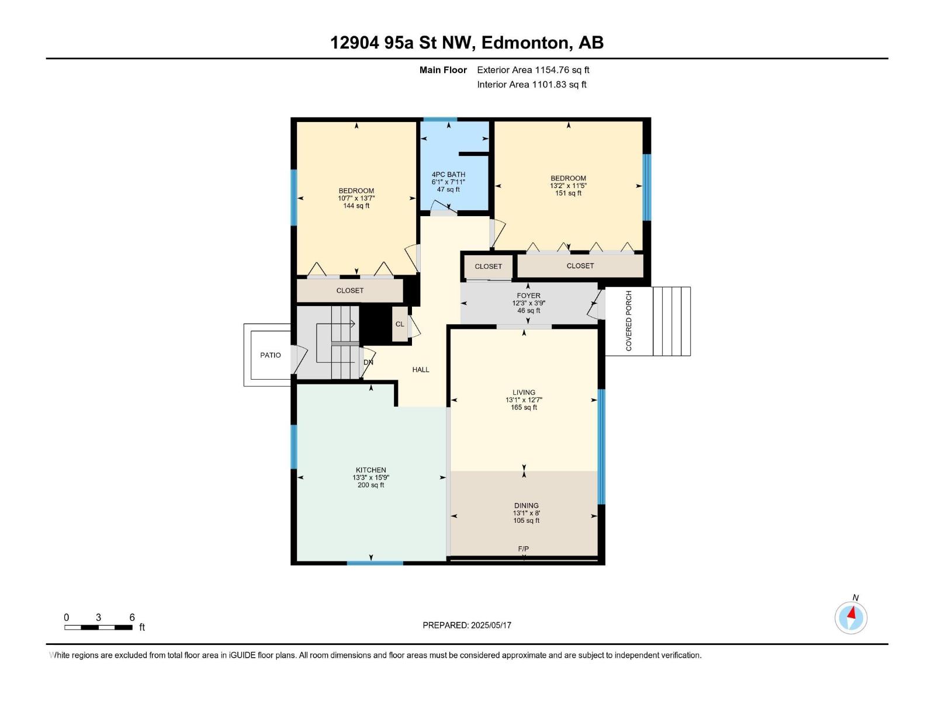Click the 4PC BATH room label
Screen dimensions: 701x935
(448, 174)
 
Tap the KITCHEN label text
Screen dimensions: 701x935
(370, 470)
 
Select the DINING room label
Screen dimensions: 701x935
(526, 505)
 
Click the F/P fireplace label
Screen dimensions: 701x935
(523, 549)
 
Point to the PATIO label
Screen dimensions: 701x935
(270, 355)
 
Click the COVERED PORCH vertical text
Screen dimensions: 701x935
(629, 321)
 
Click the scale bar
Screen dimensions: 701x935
(98, 627)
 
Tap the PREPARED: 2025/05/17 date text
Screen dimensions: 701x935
(467, 625)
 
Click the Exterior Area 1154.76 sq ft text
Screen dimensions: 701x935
(533, 70)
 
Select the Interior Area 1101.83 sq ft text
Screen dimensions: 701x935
(531, 85)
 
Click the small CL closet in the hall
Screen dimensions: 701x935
(400, 324)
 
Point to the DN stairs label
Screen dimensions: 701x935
(368, 362)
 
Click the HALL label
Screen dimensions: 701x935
(420, 370)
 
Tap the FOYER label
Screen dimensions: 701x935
(528, 296)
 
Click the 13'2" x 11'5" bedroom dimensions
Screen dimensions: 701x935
(568, 186)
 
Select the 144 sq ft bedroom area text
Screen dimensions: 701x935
(356, 206)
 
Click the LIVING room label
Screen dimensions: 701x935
(524, 393)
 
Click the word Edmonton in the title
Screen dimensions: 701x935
(525, 43)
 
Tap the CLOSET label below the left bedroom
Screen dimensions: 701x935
(349, 290)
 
